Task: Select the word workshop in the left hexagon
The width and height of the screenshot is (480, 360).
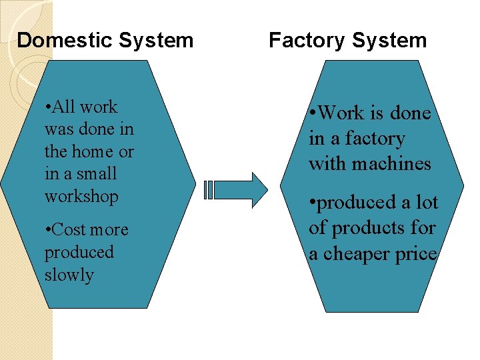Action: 81,197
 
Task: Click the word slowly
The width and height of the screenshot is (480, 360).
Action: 69,275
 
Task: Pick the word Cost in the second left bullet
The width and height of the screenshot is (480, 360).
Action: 68,230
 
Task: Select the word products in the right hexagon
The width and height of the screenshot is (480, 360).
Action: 366,228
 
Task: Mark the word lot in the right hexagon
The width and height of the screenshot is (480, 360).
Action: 426,203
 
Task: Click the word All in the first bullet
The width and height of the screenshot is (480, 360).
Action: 65,107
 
